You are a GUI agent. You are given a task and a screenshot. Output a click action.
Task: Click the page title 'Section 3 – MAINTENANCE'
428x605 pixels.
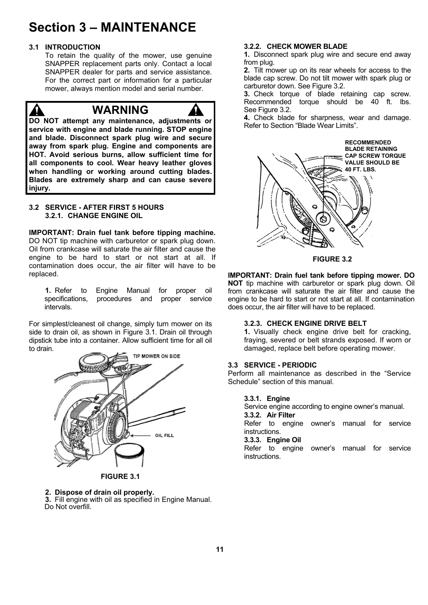(x=112, y=27)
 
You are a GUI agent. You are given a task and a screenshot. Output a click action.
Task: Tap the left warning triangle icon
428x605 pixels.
(x=36, y=110)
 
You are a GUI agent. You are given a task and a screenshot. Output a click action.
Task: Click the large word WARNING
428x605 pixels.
(x=120, y=110)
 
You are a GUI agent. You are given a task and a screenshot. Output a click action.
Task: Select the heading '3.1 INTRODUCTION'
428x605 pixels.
(x=65, y=47)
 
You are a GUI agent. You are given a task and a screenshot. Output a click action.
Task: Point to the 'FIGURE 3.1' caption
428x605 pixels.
(x=120, y=476)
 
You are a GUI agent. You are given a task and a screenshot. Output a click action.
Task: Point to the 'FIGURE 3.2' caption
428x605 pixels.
(x=332, y=259)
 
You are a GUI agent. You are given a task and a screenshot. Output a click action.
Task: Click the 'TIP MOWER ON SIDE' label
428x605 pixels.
(x=157, y=356)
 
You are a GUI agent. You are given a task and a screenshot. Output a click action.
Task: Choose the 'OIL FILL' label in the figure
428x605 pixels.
(x=164, y=435)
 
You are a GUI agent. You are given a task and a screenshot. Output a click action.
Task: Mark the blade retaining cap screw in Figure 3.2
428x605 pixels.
(x=324, y=219)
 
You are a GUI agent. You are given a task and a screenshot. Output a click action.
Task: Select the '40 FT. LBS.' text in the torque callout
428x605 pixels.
(x=360, y=169)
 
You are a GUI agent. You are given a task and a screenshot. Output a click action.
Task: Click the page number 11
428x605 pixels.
(x=220, y=549)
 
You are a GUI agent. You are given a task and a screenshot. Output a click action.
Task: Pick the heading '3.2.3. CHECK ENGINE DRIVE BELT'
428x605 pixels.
(x=305, y=324)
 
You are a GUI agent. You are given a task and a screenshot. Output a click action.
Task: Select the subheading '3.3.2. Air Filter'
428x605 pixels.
(x=269, y=415)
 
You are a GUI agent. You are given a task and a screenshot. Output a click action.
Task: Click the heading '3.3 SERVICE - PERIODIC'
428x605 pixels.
(x=272, y=365)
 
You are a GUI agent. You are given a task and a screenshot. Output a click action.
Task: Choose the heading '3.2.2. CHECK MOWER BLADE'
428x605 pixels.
(x=295, y=46)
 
